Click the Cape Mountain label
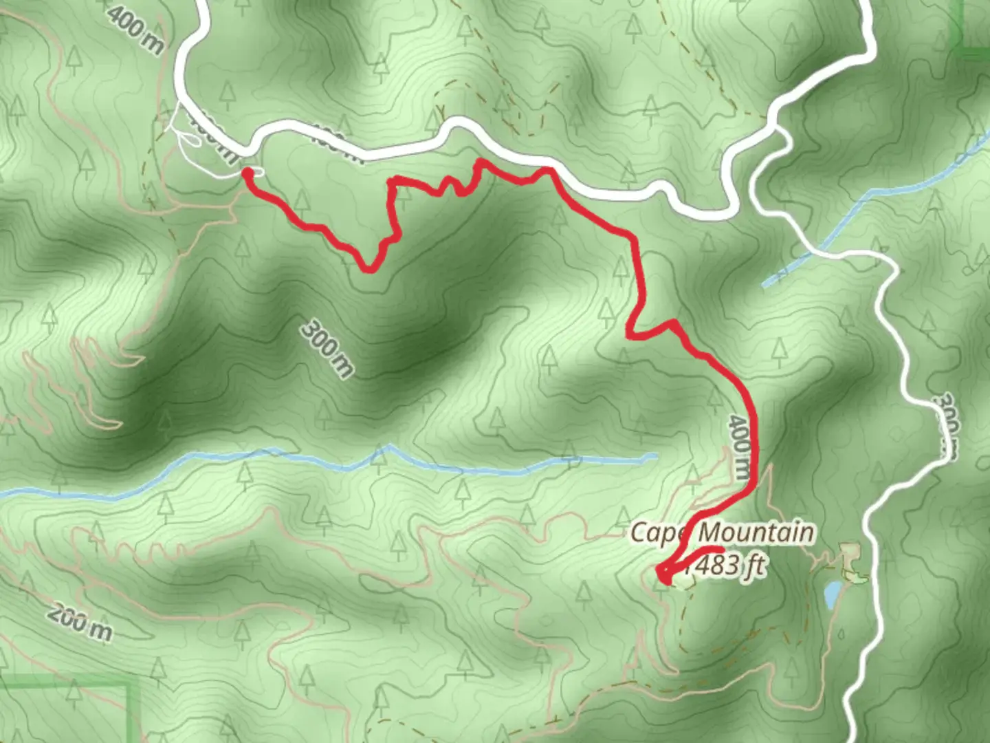pos(722,532)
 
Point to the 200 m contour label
pos(80,623)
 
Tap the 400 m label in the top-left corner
pos(135,32)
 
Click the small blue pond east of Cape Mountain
pos(833,594)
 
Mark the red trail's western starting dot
pos(246,175)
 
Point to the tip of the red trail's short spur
pos(719,549)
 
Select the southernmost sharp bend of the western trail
pos(370,268)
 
